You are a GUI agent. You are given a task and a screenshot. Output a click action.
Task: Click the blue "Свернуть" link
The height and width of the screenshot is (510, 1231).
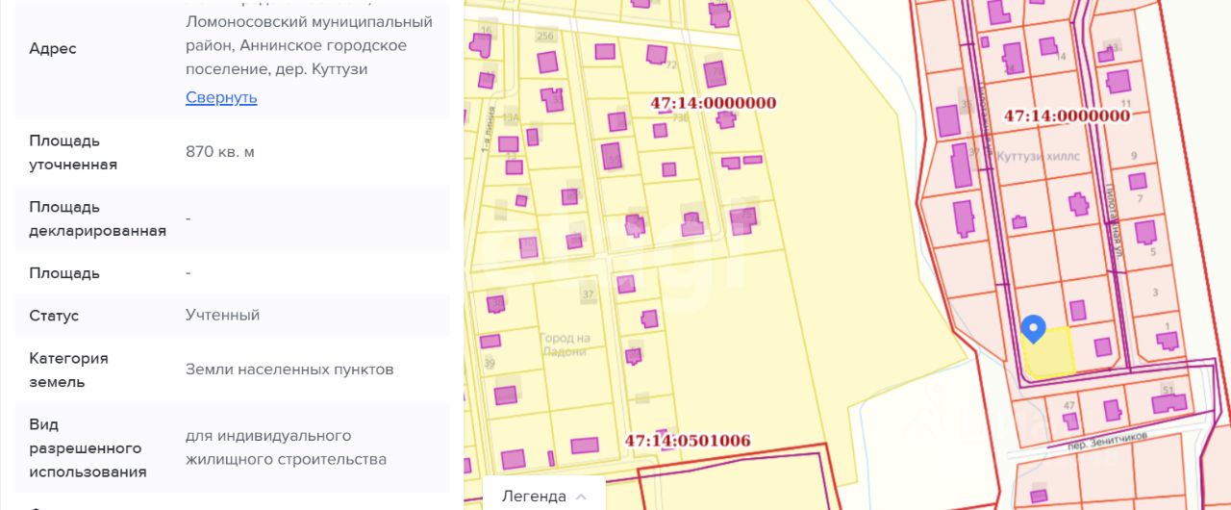click(221, 97)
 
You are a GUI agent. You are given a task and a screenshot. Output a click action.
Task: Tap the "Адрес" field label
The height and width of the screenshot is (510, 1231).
click(53, 48)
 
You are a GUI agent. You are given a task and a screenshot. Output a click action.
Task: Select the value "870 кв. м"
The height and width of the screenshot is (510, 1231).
click(220, 151)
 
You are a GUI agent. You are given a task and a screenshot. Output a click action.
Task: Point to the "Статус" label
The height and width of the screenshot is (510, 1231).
click(54, 316)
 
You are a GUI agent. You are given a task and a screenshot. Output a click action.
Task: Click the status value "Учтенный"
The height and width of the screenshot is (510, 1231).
click(222, 315)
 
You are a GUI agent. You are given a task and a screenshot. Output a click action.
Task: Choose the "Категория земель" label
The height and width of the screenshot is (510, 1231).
click(68, 370)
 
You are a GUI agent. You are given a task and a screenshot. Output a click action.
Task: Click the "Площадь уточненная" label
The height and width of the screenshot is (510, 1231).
click(73, 152)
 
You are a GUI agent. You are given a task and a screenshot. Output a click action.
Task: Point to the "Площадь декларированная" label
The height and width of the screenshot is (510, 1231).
click(97, 218)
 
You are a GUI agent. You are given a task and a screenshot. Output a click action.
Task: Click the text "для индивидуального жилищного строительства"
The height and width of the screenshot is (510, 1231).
click(286, 447)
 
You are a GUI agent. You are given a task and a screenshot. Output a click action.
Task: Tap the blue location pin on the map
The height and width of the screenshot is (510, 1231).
click(1033, 329)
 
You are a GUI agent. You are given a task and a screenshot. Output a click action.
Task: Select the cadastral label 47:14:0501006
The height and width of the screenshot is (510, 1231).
click(688, 441)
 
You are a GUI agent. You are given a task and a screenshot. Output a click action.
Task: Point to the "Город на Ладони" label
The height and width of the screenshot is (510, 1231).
click(565, 344)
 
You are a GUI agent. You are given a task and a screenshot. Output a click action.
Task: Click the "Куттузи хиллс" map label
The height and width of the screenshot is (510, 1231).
click(1039, 156)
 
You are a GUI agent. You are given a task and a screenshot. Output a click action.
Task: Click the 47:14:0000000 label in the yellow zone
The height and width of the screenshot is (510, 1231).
click(714, 103)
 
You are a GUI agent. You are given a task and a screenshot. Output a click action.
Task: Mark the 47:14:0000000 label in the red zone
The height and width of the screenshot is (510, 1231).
click(1067, 115)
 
